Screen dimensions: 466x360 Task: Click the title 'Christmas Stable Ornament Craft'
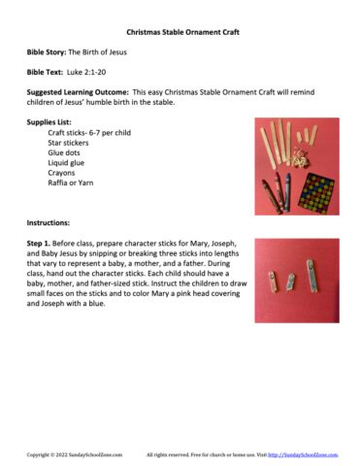coord(180,31)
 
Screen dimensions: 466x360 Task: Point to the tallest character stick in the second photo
coord(311,276)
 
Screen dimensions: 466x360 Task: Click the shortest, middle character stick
coord(289,283)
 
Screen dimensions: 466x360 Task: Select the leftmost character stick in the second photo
coord(275,280)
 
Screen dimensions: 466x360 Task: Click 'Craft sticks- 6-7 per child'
coord(96,133)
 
